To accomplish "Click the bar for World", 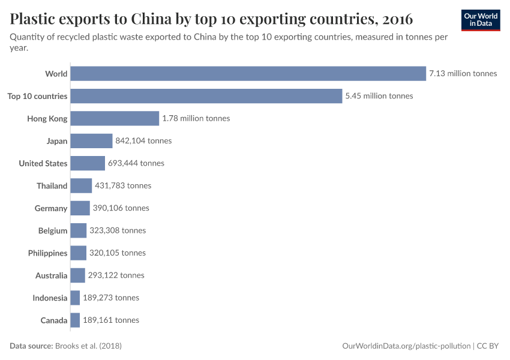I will pos(248,73).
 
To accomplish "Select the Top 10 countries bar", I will pos(206,96).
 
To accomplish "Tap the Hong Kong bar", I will pos(115,118).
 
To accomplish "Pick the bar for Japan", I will pos(91,141).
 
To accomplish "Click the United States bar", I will pos(88,163).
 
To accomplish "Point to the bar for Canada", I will pos(75,320).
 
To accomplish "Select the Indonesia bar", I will pos(75,298).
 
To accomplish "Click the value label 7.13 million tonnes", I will pos(463,74).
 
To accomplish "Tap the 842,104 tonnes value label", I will pos(143,141).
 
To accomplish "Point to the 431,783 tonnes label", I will pos(123,186).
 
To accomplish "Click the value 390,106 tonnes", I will pos(121,208).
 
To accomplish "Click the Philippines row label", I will pos(47,253).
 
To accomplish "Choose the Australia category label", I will pos(51,275).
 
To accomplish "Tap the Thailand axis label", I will pos(52,186).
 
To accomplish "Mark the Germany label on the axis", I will pos(51,208).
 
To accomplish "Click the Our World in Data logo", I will pos(481,20).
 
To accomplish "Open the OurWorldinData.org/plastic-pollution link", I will pos(406,346).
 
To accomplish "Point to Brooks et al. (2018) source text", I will pos(92,346).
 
